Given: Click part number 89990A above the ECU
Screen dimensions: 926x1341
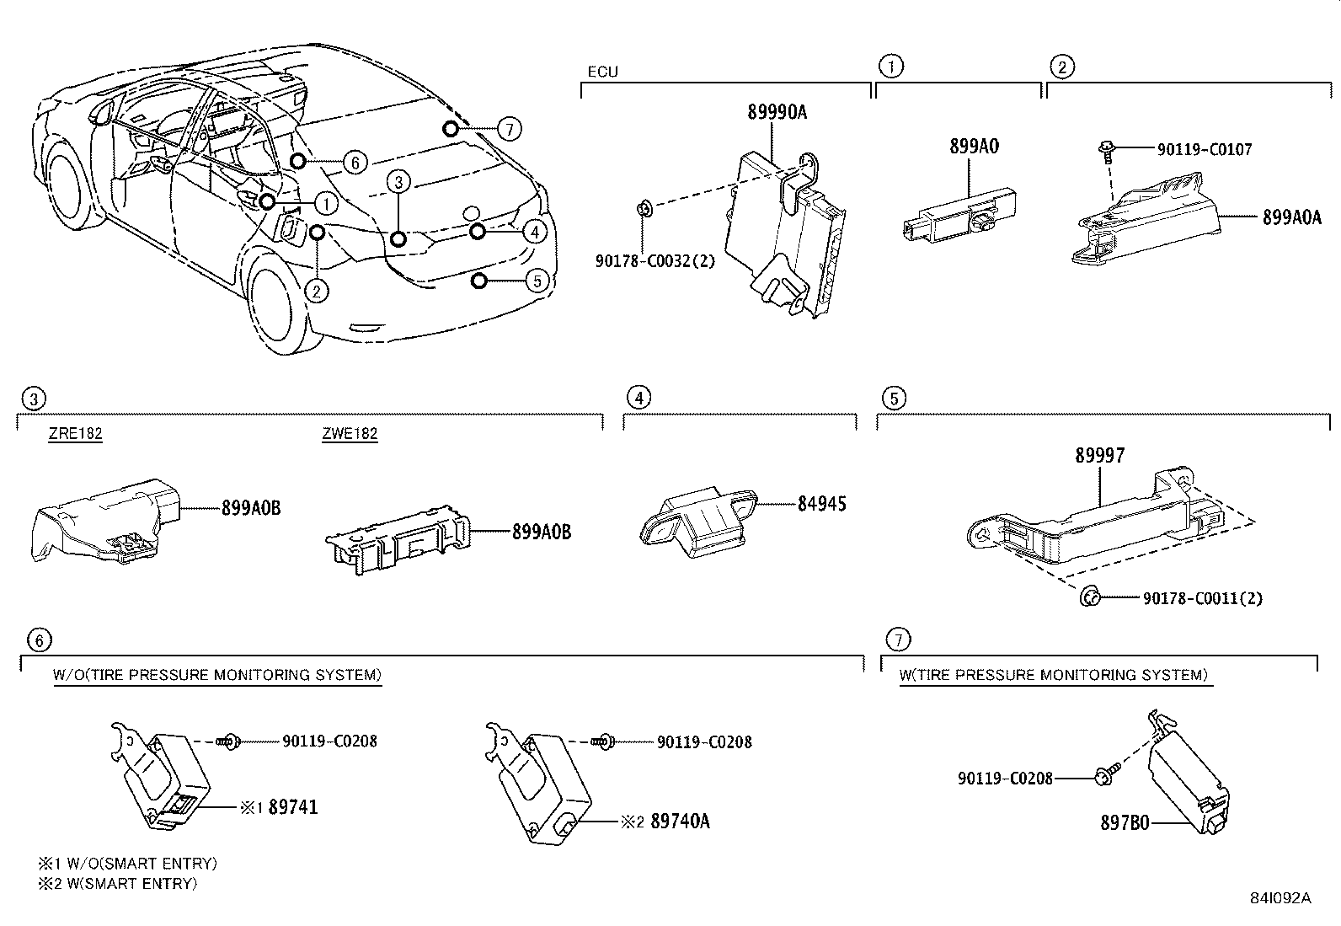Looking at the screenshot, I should click(x=777, y=112).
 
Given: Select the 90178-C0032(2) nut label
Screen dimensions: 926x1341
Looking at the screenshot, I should click(x=654, y=261).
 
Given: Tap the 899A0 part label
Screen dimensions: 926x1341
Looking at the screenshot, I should click(x=974, y=146).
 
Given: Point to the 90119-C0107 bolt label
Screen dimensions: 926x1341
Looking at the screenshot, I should click(x=1204, y=149).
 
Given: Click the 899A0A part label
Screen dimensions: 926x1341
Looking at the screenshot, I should click(x=1293, y=217).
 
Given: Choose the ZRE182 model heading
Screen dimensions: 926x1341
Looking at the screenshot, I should click(x=75, y=435).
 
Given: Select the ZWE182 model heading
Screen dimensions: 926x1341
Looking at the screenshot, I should click(x=350, y=435).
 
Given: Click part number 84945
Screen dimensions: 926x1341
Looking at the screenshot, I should click(x=822, y=504).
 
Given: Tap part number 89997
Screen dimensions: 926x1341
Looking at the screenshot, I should click(x=1099, y=456).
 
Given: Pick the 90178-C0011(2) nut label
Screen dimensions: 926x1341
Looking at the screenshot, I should click(x=1202, y=598).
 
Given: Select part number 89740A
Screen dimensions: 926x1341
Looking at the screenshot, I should click(x=680, y=821).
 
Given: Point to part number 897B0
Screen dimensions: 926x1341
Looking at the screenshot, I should click(x=1125, y=822).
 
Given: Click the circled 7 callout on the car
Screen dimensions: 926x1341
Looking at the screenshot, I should click(x=509, y=129).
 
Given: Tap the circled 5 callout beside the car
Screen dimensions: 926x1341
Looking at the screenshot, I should click(x=537, y=281).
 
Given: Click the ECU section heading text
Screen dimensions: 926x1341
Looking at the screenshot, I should click(x=602, y=72).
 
